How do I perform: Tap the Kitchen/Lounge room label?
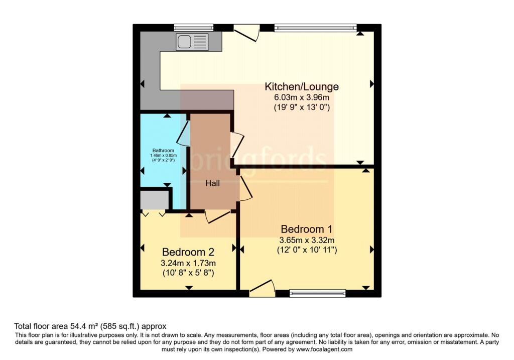[302, 86]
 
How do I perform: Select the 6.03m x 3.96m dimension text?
[302, 97]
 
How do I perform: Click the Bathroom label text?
[163, 151]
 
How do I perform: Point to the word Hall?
[212, 184]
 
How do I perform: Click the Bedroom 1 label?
[307, 228]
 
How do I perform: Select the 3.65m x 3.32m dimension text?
[307, 239]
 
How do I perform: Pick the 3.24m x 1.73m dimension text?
[188, 263]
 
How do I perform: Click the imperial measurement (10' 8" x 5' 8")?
[188, 273]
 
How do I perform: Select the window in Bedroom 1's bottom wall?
[317, 293]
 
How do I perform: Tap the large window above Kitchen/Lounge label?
[316, 28]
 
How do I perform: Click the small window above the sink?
[193, 28]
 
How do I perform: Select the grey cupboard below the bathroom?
[154, 199]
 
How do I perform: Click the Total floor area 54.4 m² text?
[90, 326]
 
